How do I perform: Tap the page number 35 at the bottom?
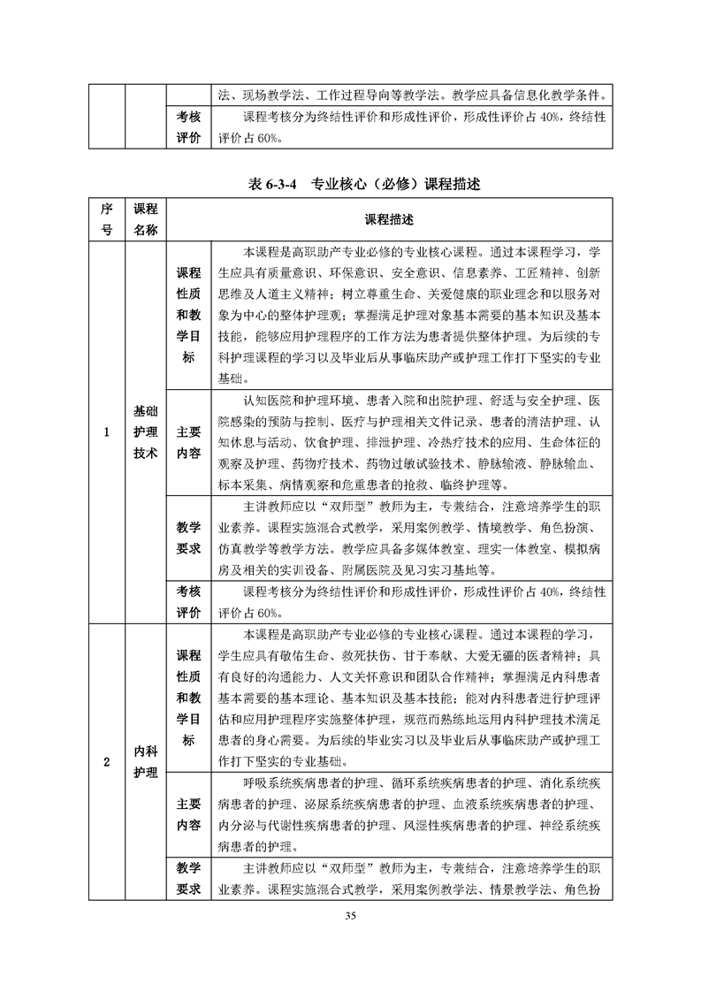pyautogui.click(x=351, y=915)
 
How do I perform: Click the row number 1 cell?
pyautogui.click(x=106, y=432)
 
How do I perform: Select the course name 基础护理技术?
pyautogui.click(x=145, y=432)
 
